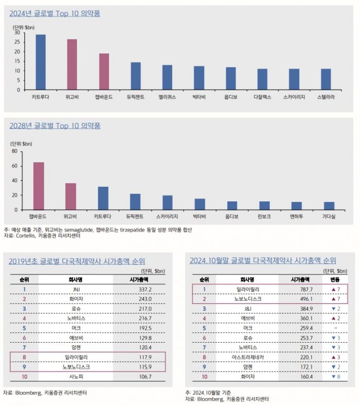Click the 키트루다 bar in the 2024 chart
pyautogui.click(x=40, y=63)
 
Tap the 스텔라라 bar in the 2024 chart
pyautogui.click(x=326, y=80)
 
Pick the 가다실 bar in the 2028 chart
pyautogui.click(x=329, y=206)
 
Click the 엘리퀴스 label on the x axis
pyautogui.click(x=167, y=96)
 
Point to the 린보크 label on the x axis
pyautogui.click(x=264, y=216)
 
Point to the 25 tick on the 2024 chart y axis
pyautogui.click(x=17, y=42)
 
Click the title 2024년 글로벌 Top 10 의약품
pyautogui.click(x=55, y=13)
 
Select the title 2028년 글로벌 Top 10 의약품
pyautogui.click(x=55, y=125)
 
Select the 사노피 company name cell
pyautogui.click(x=76, y=377)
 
